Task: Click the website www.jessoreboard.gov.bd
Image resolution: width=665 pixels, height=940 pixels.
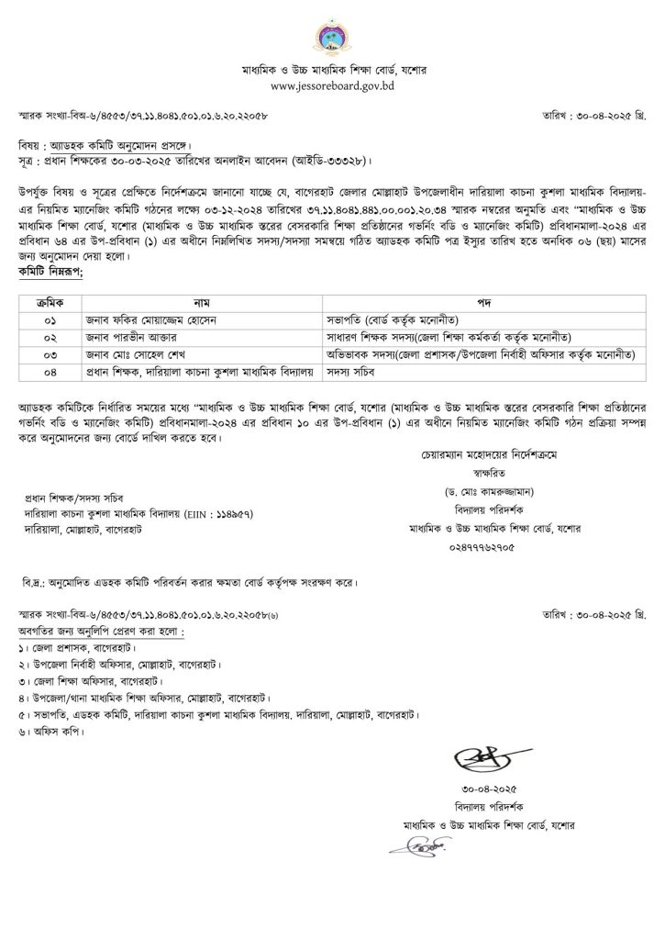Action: (332, 84)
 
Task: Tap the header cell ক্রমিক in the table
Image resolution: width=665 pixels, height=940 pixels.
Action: (46, 300)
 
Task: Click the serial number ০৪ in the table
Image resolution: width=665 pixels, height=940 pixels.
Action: (46, 370)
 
